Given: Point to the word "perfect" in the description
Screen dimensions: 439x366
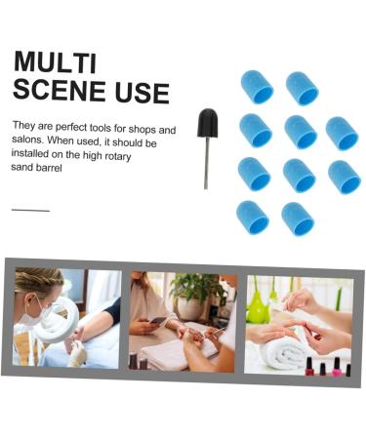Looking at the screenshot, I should [x=69, y=127].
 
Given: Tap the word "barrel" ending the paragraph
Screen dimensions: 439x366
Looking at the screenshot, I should [x=57, y=168].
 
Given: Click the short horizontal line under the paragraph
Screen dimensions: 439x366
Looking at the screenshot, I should [x=30, y=210].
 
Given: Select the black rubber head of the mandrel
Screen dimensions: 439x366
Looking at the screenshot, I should [x=207, y=124].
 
